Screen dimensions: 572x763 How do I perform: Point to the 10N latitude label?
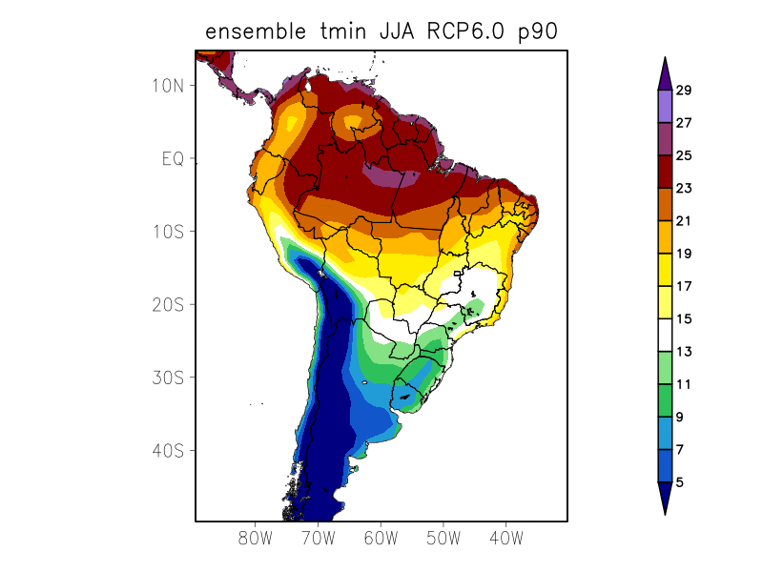(167, 85)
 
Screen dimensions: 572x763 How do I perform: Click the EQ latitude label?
(172, 158)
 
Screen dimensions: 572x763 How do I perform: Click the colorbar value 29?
(683, 91)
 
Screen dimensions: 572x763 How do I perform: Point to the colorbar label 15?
(683, 319)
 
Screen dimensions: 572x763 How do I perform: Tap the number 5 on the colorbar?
(679, 482)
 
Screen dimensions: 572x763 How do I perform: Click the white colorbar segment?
(665, 335)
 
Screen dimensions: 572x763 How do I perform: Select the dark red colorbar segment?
(665, 172)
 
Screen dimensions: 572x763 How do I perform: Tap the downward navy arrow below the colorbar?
(665, 497)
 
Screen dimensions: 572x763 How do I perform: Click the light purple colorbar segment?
(665, 106)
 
